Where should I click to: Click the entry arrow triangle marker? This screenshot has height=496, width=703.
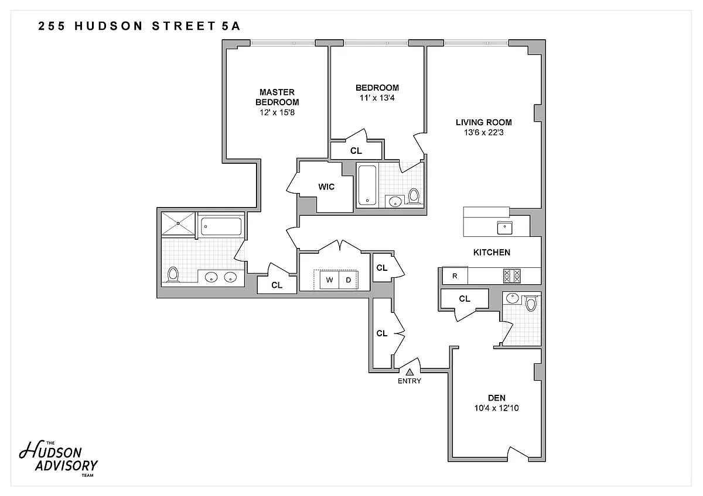409,372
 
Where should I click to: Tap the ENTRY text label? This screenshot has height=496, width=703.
409,381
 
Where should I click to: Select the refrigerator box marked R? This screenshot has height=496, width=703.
455,275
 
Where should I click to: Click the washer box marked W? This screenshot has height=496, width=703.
329,280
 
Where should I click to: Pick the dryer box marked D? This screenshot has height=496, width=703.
348,280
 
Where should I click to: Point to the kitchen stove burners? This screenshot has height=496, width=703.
512,276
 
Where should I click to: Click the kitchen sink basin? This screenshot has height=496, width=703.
504,228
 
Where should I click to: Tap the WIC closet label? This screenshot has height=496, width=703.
326,187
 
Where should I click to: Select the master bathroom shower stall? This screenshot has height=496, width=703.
178,223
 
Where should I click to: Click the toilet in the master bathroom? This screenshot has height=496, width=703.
173,274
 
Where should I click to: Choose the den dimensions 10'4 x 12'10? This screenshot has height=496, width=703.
497,408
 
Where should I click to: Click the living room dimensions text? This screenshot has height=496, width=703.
484,133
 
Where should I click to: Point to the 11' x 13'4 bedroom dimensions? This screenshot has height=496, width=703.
377,98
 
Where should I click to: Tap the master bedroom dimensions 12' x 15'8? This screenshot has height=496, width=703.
277,112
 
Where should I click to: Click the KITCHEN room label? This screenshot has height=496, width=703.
492,253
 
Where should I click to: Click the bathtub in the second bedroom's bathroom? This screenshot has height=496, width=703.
367,185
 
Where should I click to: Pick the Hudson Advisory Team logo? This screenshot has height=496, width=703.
59,459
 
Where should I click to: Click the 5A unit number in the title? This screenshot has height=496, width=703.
231,26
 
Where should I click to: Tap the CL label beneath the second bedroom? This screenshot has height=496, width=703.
356,151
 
